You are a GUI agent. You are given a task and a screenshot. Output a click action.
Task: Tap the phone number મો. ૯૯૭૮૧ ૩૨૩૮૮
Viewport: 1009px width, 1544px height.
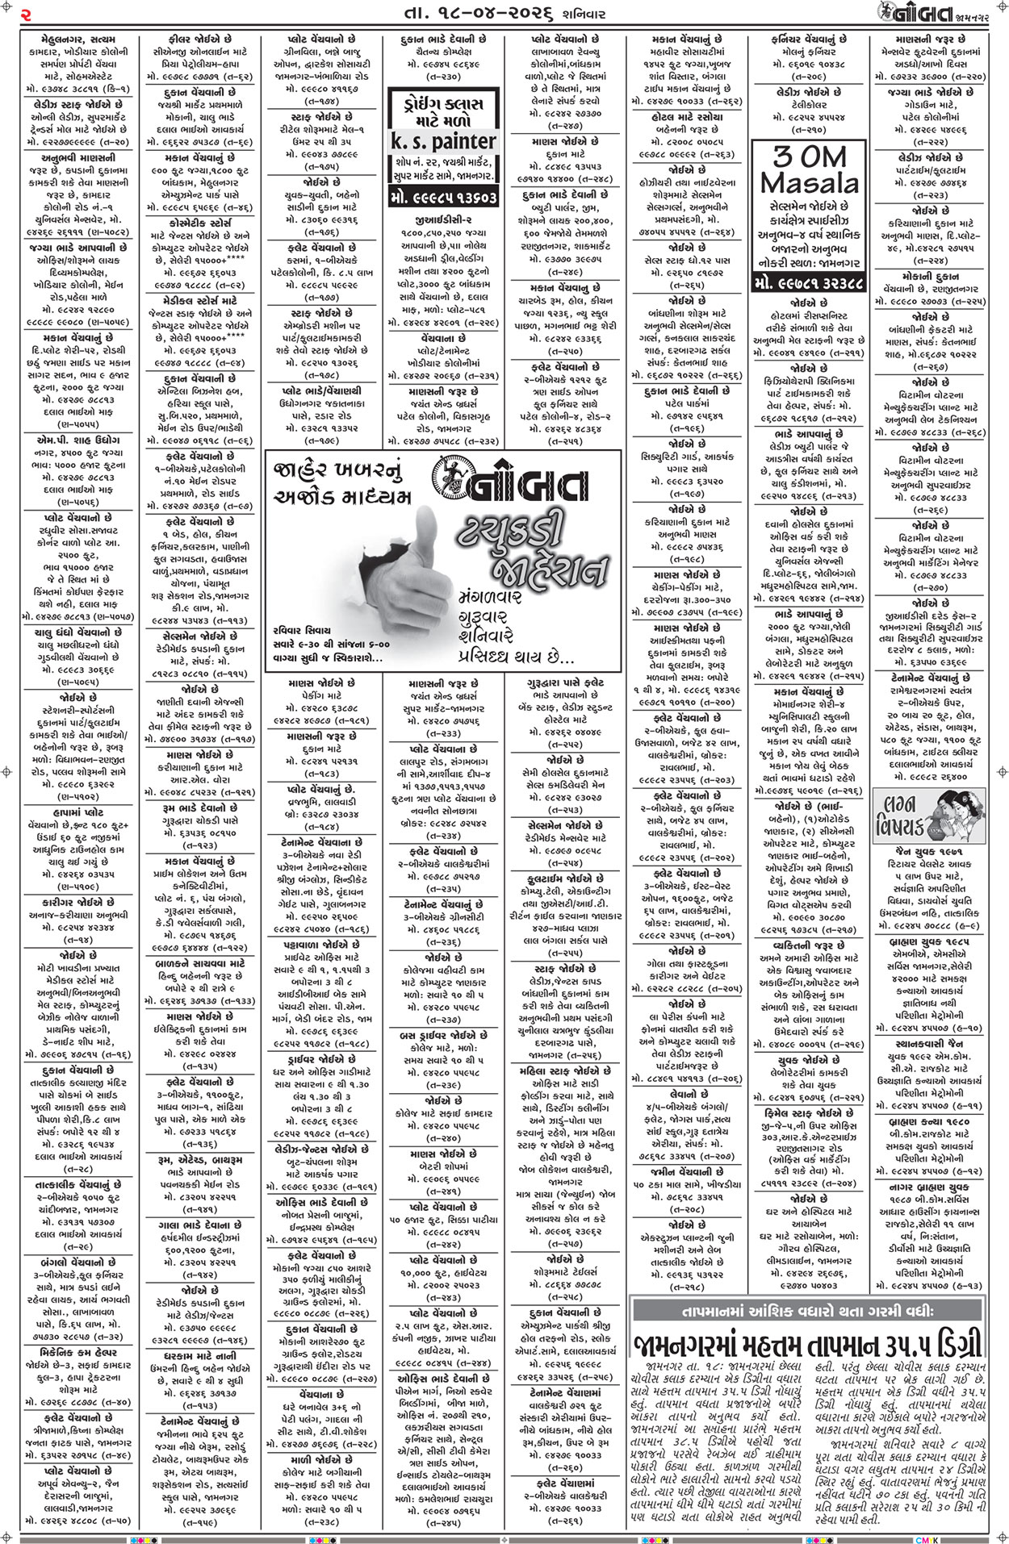pos(809,284)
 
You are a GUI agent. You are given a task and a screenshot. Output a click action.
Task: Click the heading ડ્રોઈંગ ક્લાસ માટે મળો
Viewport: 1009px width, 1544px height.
pos(443,110)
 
